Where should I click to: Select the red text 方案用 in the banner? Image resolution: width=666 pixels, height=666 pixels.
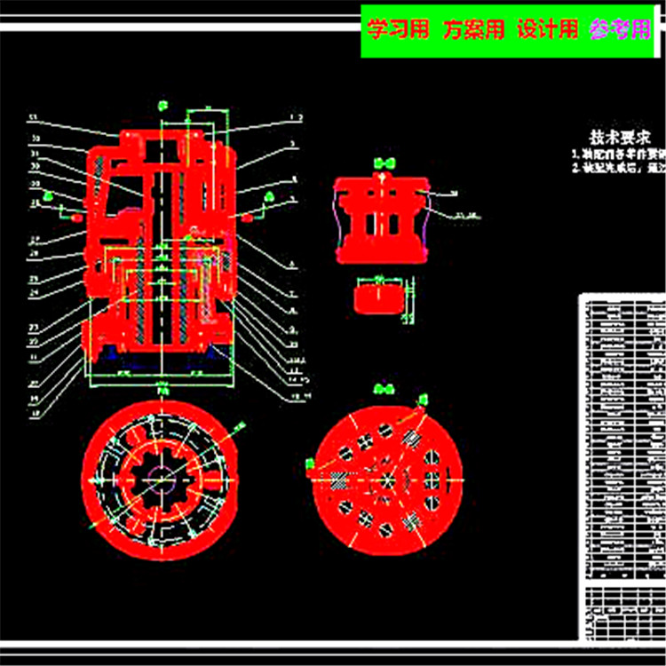(474, 29)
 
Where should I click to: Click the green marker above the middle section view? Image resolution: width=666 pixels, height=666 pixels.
(383, 163)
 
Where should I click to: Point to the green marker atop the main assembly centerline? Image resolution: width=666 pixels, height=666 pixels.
(162, 106)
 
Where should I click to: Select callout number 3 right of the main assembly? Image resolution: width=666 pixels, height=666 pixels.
(294, 142)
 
